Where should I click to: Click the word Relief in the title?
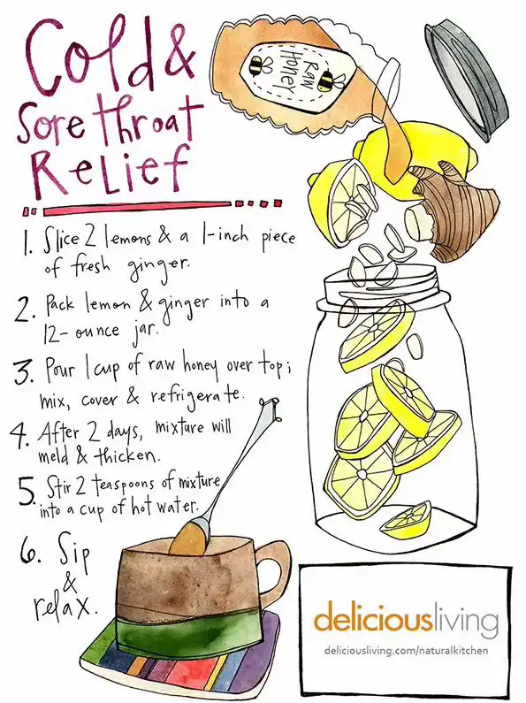pyautogui.click(x=111, y=171)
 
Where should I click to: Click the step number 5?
pyautogui.click(x=28, y=490)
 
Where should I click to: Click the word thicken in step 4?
pyautogui.click(x=126, y=456)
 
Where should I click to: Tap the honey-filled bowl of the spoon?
pyautogui.click(x=189, y=537)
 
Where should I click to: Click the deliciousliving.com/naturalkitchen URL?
pyautogui.click(x=407, y=650)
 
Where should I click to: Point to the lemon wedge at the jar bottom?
pyautogui.click(x=407, y=521)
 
